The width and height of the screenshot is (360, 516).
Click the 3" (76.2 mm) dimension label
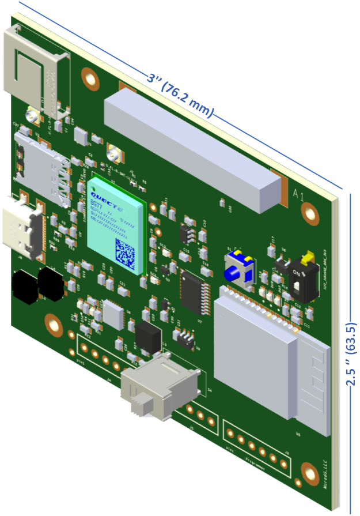coord(180,94)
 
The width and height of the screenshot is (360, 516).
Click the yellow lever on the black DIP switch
coord(308,255)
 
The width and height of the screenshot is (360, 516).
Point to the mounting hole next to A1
coord(311,215)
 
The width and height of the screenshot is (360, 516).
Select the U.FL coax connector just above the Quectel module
coord(118,155)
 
